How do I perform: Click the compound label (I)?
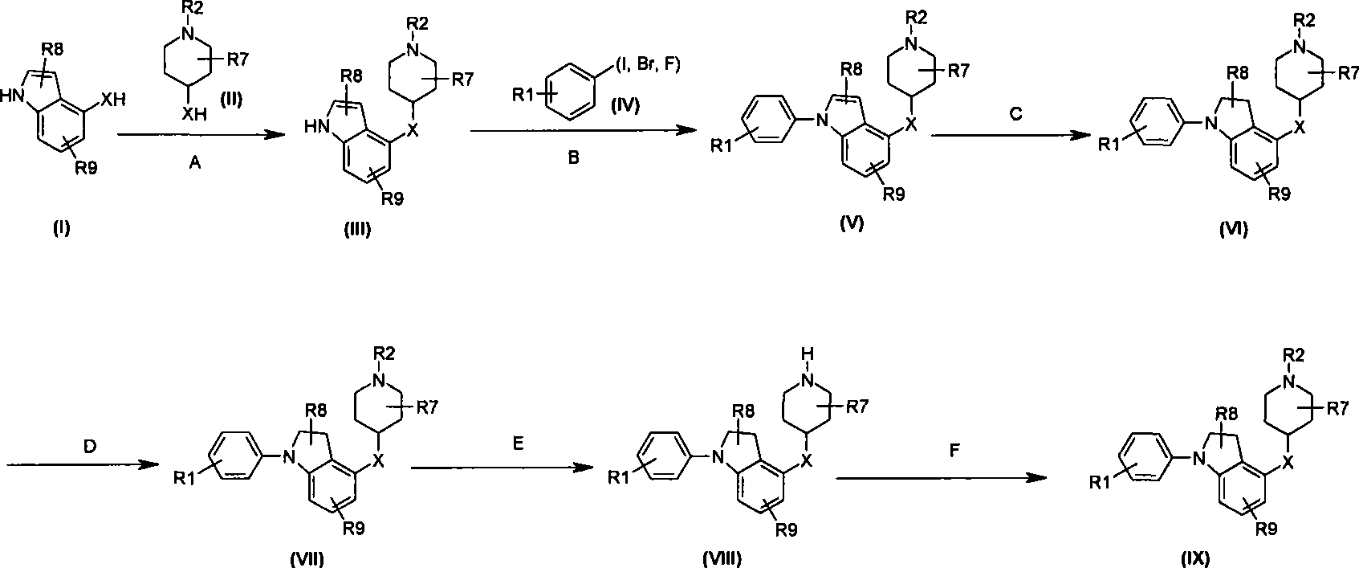point(61,228)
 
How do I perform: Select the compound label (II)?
point(230,99)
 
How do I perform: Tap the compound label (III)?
point(356,230)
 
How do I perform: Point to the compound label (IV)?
point(625,106)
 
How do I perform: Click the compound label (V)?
point(852,223)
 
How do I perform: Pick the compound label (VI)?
point(1234,229)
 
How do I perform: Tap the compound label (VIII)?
point(722,558)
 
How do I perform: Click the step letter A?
point(195,163)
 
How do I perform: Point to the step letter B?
point(572,158)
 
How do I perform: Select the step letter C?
point(1015,114)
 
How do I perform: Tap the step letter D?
point(90,447)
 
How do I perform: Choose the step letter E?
point(518,443)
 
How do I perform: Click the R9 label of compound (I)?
point(86,168)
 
